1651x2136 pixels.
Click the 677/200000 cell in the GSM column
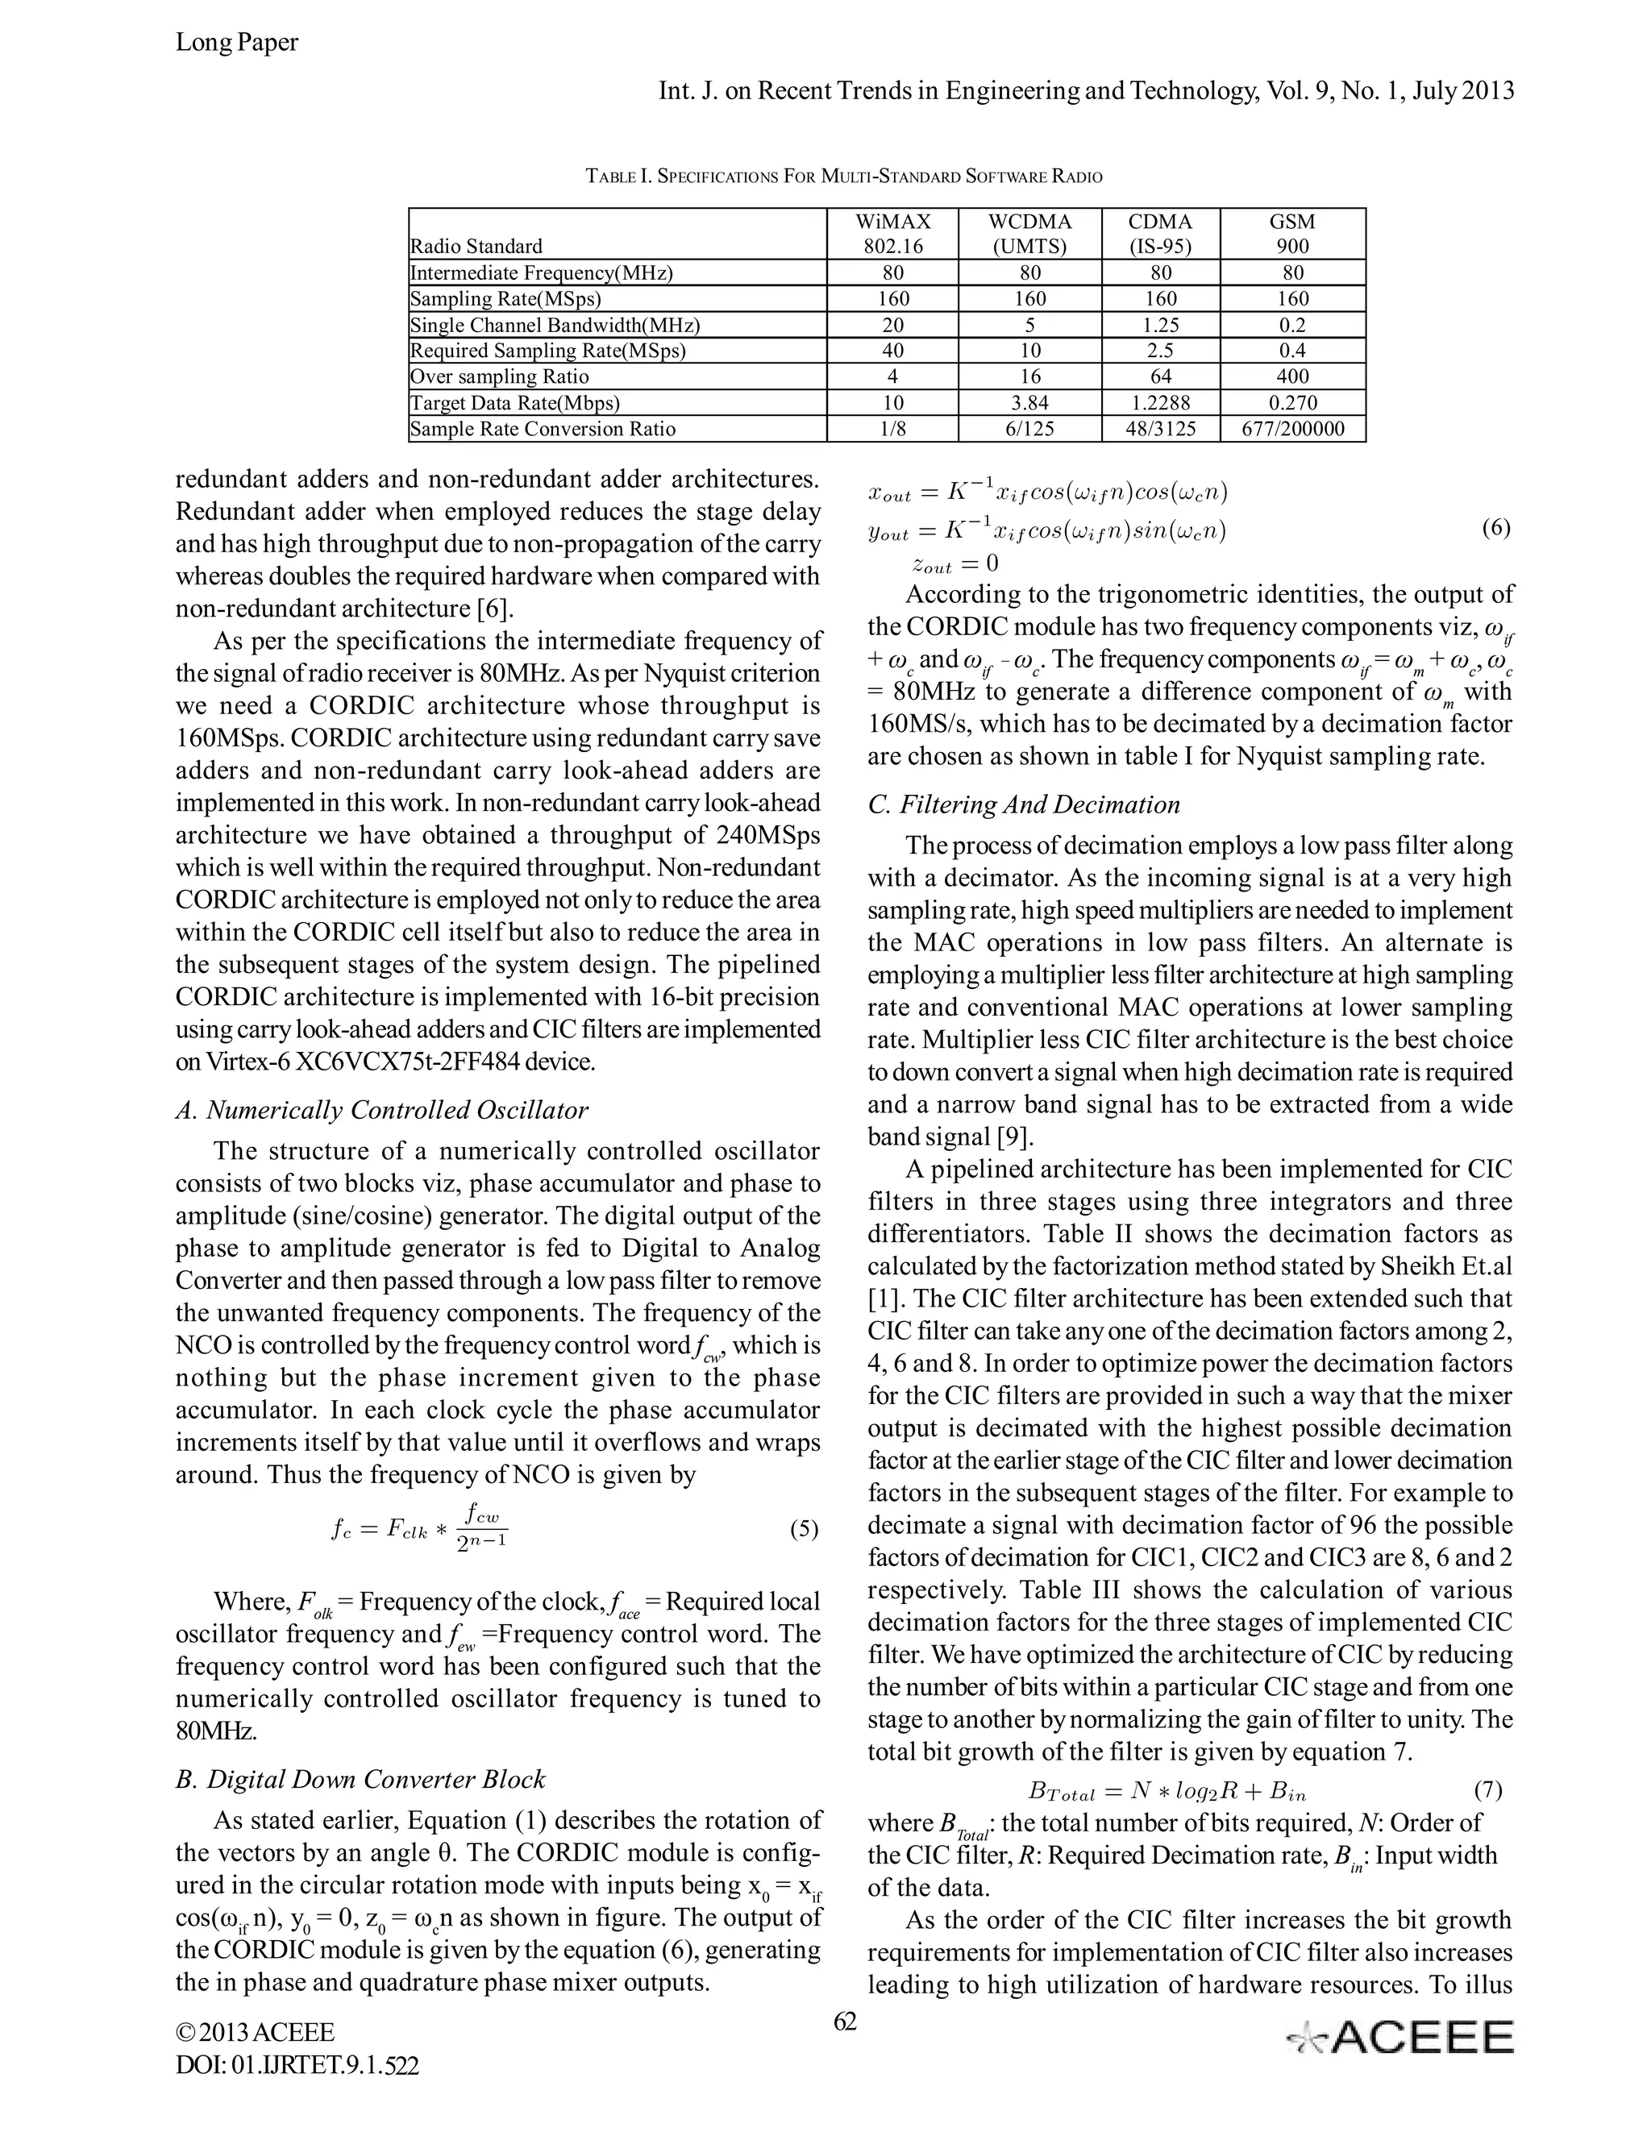1292,428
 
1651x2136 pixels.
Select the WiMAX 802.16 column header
892,234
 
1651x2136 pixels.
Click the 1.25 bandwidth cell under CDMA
1160,325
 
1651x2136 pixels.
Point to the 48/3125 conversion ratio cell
1160,428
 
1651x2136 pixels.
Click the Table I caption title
843,177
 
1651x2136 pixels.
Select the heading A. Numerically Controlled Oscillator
381,1110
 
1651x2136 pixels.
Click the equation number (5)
803,1528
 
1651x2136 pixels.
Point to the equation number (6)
1495,528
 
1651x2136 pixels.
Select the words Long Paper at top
237,42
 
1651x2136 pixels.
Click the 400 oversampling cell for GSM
1292,376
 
